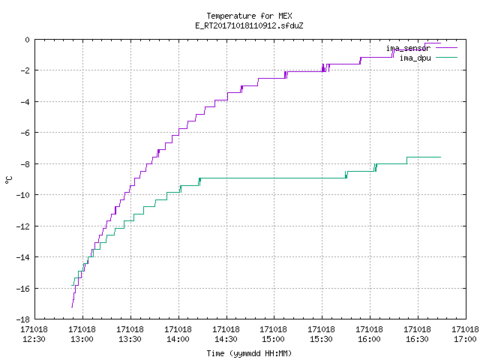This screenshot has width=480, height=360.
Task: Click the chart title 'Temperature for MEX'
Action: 249,16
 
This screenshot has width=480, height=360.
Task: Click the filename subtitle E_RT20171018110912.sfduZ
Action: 249,25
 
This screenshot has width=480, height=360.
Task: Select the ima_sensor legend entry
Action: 421,48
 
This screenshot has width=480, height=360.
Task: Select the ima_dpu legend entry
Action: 428,58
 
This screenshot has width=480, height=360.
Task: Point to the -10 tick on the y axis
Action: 23,195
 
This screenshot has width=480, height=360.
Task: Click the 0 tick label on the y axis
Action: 27,40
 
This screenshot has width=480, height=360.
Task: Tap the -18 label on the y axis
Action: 23,319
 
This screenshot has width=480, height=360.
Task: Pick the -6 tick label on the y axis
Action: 25,133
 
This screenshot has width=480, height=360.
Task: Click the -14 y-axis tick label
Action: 23,257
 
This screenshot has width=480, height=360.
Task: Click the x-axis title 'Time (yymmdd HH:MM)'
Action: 249,353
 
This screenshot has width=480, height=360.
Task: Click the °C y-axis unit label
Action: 8,180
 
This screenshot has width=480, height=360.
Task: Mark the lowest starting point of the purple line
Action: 72,307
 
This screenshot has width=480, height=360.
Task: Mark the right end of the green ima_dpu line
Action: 440,157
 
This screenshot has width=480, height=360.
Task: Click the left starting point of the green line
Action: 72,285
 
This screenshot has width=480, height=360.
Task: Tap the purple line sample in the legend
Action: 447,48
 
